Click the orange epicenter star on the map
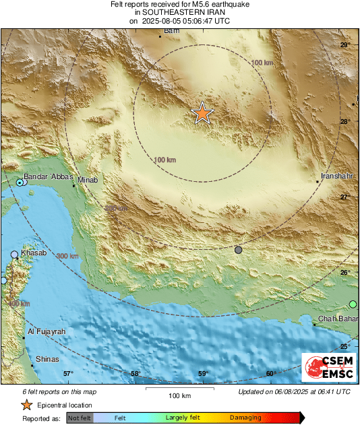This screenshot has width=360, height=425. click(202, 114)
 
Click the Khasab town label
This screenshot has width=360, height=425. click(34, 253)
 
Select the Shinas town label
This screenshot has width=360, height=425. click(47, 360)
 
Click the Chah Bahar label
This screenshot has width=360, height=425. click(336, 319)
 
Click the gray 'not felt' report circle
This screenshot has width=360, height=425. click(238, 250)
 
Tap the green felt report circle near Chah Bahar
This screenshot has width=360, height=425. click(353, 304)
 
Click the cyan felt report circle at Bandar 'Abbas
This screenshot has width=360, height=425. click(20, 183)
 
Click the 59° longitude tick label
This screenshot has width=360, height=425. click(203, 374)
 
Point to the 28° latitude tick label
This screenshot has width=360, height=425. click(345, 122)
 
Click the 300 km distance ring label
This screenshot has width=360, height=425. click(67, 257)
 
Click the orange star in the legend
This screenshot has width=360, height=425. click(26, 405)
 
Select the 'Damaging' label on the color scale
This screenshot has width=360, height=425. click(245, 418)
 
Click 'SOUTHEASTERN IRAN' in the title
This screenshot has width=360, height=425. click(180, 12)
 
